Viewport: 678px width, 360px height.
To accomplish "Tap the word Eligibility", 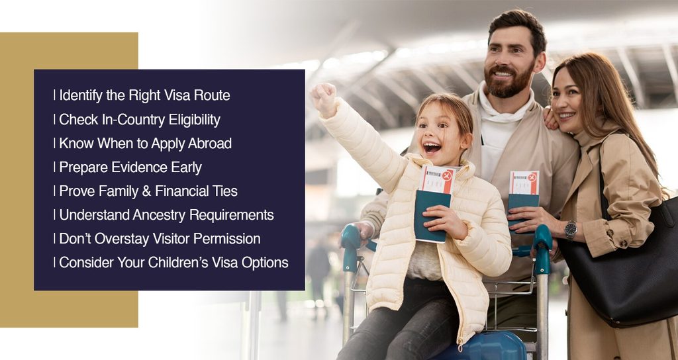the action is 194,119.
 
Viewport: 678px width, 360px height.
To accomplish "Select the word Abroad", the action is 210,144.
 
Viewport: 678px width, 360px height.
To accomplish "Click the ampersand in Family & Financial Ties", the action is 146,191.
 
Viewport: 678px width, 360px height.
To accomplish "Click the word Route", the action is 212,95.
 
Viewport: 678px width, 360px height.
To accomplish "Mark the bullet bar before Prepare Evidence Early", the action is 54,167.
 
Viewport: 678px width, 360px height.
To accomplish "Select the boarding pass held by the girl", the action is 437,179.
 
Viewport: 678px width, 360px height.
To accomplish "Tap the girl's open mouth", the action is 432,148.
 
